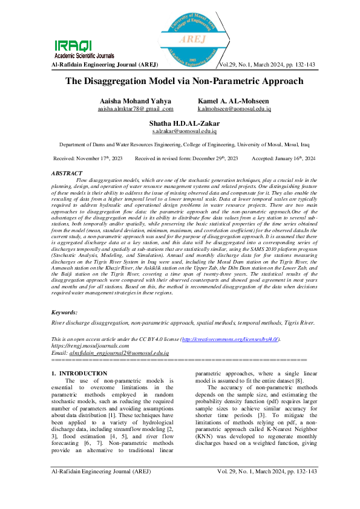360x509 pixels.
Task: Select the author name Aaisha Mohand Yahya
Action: pyautogui.click(x=135, y=100)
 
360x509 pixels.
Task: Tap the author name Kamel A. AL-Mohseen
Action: pyautogui.click(x=234, y=100)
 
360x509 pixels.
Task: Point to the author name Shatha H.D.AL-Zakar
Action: pyautogui.click(x=184, y=123)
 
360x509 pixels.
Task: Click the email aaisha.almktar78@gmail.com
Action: pyautogui.click(x=136, y=109)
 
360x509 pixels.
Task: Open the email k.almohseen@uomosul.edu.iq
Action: pyautogui.click(x=234, y=109)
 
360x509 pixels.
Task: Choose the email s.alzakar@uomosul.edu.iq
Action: pyautogui.click(x=184, y=131)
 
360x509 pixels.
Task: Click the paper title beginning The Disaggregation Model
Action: pyautogui.click(x=180, y=81)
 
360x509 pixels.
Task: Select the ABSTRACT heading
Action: pyautogui.click(x=68, y=173)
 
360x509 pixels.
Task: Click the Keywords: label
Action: pyautogui.click(x=65, y=312)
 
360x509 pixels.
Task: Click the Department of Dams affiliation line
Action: pyautogui.click(x=179, y=145)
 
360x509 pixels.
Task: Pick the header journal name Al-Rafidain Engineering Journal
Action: pyautogui.click(x=106, y=64)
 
